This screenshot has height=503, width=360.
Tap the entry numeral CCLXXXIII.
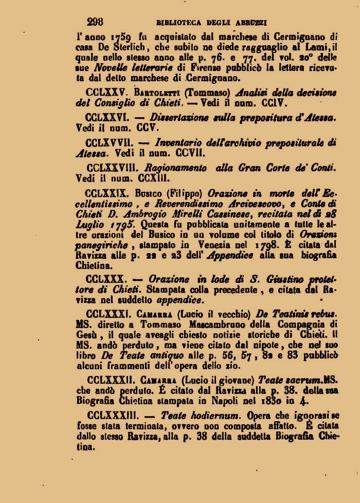point(111,415)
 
